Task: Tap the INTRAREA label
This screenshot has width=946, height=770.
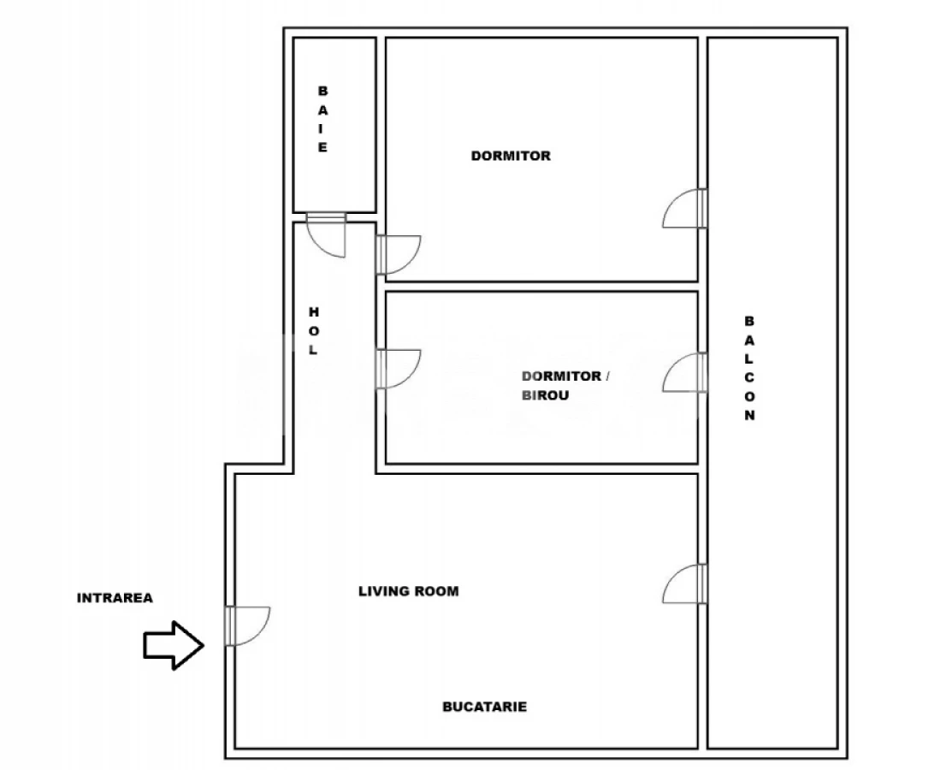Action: tap(115, 598)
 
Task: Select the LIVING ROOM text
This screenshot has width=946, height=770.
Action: tap(408, 591)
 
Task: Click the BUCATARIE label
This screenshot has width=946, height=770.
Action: tap(484, 707)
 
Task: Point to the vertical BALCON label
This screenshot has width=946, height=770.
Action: tap(749, 369)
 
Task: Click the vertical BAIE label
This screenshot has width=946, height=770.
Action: tap(322, 119)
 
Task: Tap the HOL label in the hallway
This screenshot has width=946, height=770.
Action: tap(313, 331)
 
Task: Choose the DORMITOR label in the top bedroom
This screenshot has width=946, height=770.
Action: tap(511, 156)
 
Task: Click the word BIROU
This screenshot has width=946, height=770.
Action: tap(546, 396)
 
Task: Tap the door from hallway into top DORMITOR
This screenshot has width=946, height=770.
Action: tap(397, 255)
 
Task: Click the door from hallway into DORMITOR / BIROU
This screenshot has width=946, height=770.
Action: tap(397, 369)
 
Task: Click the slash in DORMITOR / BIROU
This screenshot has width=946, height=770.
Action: tap(608, 376)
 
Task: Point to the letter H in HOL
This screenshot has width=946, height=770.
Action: tap(313, 311)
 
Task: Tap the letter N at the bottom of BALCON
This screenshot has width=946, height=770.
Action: tap(749, 417)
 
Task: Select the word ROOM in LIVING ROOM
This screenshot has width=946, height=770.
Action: tap(436, 591)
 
